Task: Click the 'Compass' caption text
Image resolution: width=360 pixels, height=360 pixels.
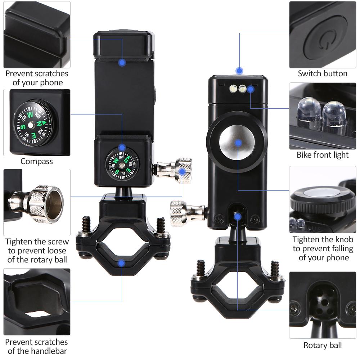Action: [36, 161]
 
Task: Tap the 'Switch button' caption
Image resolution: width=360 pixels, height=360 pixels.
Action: [323, 73]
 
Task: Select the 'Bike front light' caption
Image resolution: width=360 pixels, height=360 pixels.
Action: [323, 155]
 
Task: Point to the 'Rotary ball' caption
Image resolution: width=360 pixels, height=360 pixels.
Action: [323, 345]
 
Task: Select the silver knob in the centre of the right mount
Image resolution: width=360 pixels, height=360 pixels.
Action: [237, 143]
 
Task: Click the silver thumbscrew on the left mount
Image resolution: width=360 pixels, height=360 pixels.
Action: [175, 170]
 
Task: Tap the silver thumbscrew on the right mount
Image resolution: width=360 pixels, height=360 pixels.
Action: [188, 213]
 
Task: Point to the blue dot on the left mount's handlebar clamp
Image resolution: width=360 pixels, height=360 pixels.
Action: [121, 264]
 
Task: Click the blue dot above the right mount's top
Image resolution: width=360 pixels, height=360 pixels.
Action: [239, 71]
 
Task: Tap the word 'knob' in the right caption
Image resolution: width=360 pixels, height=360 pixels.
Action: [343, 239]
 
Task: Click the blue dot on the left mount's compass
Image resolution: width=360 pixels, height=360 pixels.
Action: [122, 147]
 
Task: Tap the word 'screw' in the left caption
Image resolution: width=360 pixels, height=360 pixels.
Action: [57, 242]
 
